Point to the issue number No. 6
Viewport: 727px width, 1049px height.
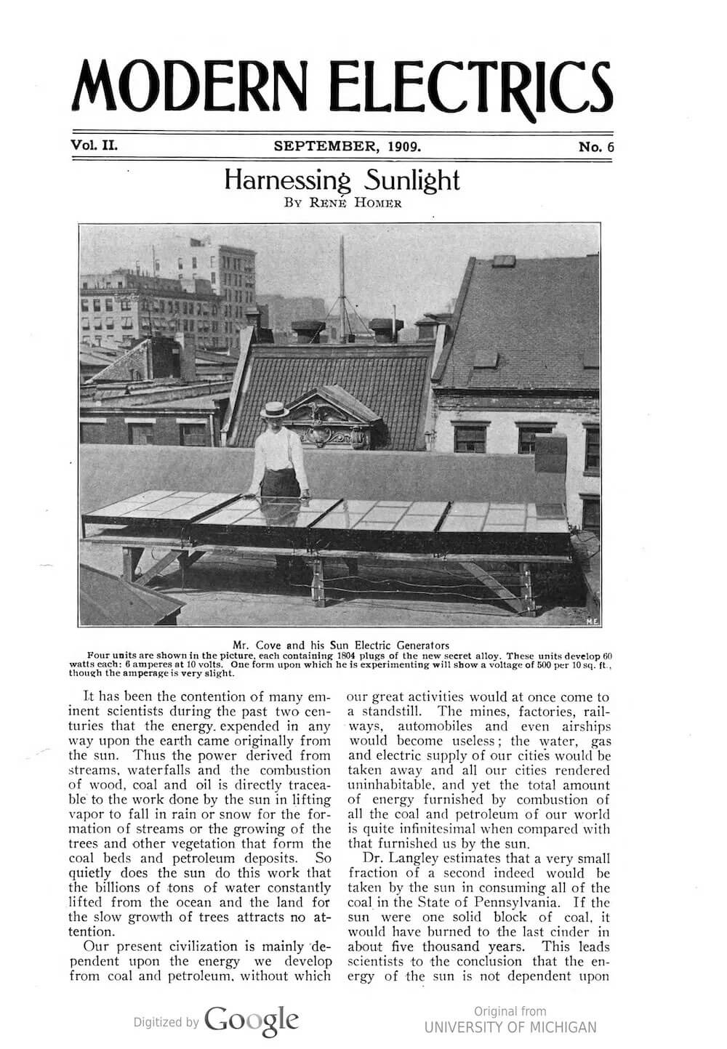tap(597, 147)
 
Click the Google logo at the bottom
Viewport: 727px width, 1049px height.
tap(252, 1020)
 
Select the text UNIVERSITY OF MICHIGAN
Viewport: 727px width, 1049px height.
tap(510, 1027)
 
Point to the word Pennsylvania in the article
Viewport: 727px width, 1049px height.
tap(544, 902)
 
